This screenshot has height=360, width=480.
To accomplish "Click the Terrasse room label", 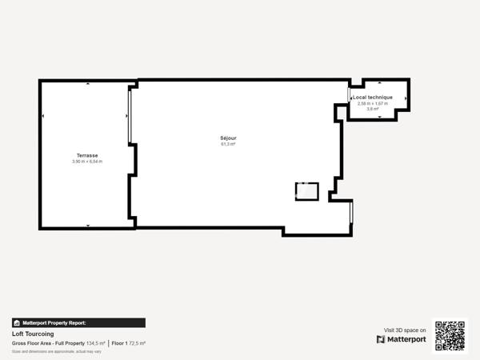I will pyautogui.click(x=87, y=155).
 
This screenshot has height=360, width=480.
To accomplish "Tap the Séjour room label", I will pyautogui.click(x=229, y=138).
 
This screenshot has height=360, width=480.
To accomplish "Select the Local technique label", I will pyautogui.click(x=373, y=98).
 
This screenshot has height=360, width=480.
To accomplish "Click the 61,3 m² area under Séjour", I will pyautogui.click(x=229, y=145).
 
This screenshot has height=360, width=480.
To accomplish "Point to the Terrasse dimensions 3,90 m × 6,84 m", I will pyautogui.click(x=87, y=162).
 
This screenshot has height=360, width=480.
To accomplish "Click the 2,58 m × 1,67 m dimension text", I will pyautogui.click(x=373, y=103).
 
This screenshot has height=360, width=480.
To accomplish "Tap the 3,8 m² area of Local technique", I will pyautogui.click(x=373, y=109).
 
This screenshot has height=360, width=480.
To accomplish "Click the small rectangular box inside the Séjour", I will pyautogui.click(x=307, y=191).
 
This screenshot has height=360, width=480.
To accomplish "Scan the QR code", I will pyautogui.click(x=450, y=336).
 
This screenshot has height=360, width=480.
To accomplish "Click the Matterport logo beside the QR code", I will pyautogui.click(x=402, y=339).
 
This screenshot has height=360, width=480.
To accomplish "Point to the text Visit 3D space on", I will pyautogui.click(x=405, y=330).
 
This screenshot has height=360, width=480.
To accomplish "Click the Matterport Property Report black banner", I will pyautogui.click(x=78, y=323).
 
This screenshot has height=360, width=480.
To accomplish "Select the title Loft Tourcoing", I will pyautogui.click(x=33, y=334).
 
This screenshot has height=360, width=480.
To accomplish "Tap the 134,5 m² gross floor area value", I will pyautogui.click(x=96, y=343).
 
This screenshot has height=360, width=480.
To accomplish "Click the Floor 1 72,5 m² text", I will pyautogui.click(x=129, y=343).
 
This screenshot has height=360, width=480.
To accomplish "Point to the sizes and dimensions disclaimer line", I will pyautogui.click(x=57, y=351).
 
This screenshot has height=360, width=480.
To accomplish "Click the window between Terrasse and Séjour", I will pyautogui.click(x=130, y=116).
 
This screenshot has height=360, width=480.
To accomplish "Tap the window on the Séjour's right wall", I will pyautogui.click(x=350, y=212).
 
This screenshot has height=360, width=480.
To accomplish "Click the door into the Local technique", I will pyautogui.click(x=349, y=95).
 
